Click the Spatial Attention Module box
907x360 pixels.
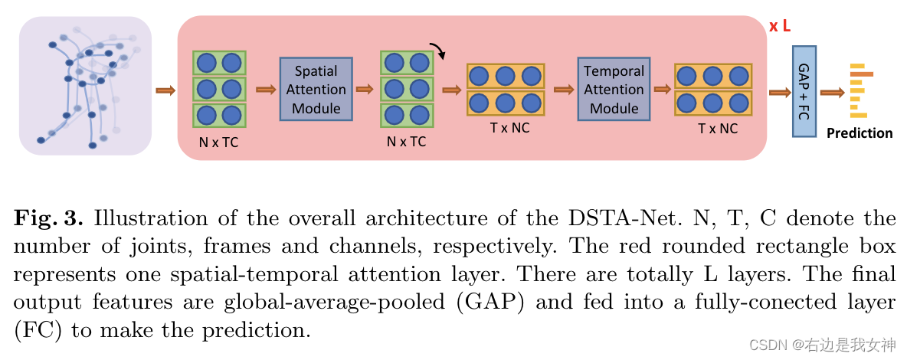(316, 89)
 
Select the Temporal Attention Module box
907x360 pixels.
(614, 89)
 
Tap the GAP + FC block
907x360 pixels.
(804, 91)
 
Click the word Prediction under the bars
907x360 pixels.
(860, 133)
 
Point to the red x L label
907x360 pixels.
(780, 27)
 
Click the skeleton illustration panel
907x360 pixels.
(85, 86)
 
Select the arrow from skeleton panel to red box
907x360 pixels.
(165, 90)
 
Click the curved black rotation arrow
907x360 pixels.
(439, 51)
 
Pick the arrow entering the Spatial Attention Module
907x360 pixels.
(265, 90)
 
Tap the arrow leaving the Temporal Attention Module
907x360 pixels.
(660, 90)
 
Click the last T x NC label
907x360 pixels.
(718, 129)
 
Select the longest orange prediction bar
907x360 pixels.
(861, 74)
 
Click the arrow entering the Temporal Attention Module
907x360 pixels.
(563, 90)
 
